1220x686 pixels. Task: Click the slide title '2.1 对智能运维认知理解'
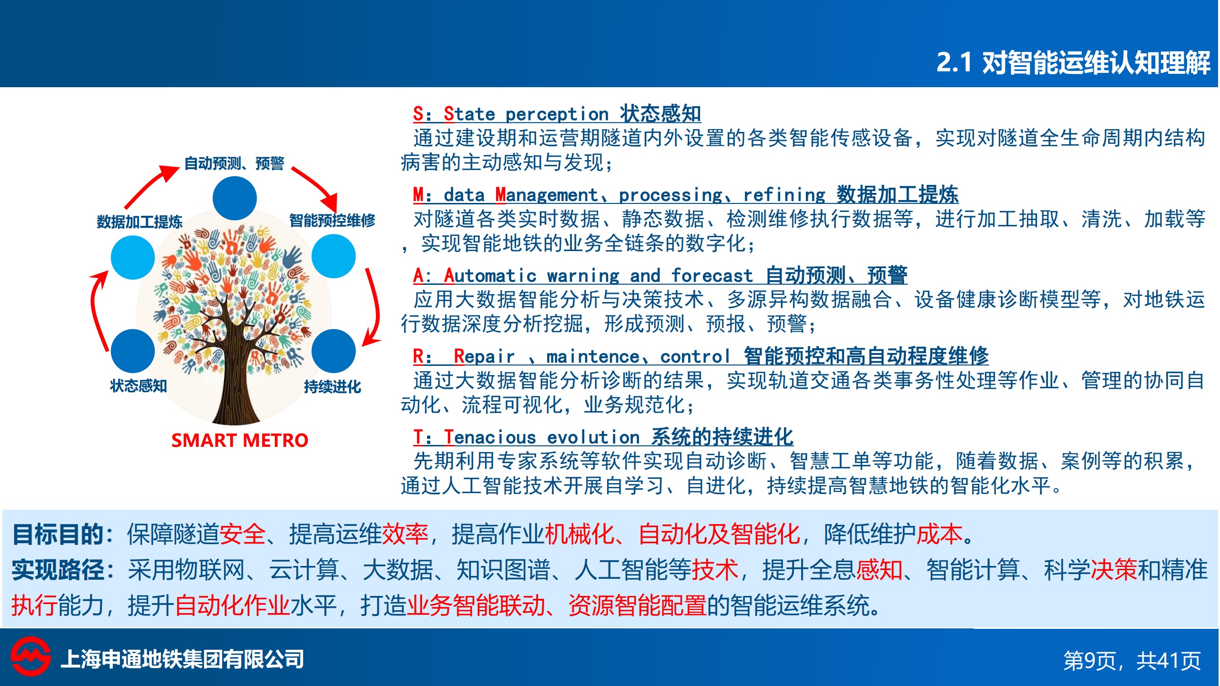pos(1073,62)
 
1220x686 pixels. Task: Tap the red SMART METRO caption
pos(240,440)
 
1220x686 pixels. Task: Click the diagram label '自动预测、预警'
pos(234,163)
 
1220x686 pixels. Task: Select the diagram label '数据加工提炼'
pos(140,222)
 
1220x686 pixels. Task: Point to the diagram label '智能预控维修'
pos(332,221)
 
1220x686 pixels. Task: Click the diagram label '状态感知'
pos(139,385)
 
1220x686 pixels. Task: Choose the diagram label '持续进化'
pos(333,386)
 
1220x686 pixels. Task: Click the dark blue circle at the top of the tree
pos(234,198)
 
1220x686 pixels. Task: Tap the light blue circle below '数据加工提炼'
pos(133,257)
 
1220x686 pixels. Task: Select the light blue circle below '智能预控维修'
pos(334,256)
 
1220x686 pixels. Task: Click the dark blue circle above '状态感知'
pos(133,351)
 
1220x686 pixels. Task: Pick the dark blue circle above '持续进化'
pos(334,351)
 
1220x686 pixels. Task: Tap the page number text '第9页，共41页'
pos(1132,661)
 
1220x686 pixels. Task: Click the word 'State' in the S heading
pos(469,114)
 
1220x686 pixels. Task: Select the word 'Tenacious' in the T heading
pos(490,437)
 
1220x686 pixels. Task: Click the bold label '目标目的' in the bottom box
pos(58,534)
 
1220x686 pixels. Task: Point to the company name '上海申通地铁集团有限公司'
pos(183,659)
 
